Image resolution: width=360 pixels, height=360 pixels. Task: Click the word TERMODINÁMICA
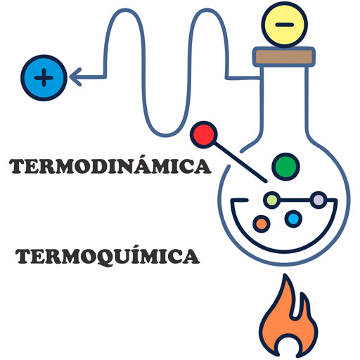coord(110,166)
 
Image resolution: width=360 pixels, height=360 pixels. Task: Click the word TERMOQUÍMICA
coord(108,256)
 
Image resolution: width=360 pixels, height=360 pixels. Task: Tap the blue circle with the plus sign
coord(44,78)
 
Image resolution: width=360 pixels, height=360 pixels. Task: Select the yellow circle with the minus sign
coord(285,25)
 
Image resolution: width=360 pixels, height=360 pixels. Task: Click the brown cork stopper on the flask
coord(284,57)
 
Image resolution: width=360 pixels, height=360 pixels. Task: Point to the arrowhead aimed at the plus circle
coord(75,77)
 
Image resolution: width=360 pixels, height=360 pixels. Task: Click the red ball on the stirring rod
coord(204,134)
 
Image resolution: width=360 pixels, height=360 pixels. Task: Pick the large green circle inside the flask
coord(285,167)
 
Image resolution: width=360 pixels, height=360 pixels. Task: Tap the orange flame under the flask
coord(288,316)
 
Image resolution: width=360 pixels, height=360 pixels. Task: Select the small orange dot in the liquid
coord(262,224)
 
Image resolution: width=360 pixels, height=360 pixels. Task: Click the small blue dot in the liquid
coord(293,219)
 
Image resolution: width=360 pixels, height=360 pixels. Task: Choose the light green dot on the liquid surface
coord(272,200)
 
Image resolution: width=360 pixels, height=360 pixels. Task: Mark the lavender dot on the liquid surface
coord(319,200)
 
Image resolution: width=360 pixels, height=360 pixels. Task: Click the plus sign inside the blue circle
coord(44,77)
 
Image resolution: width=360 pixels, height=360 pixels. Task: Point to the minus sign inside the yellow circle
coord(285,25)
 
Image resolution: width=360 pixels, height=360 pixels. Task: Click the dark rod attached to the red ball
coord(240,162)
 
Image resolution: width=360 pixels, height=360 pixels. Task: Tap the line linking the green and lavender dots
coord(295,200)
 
